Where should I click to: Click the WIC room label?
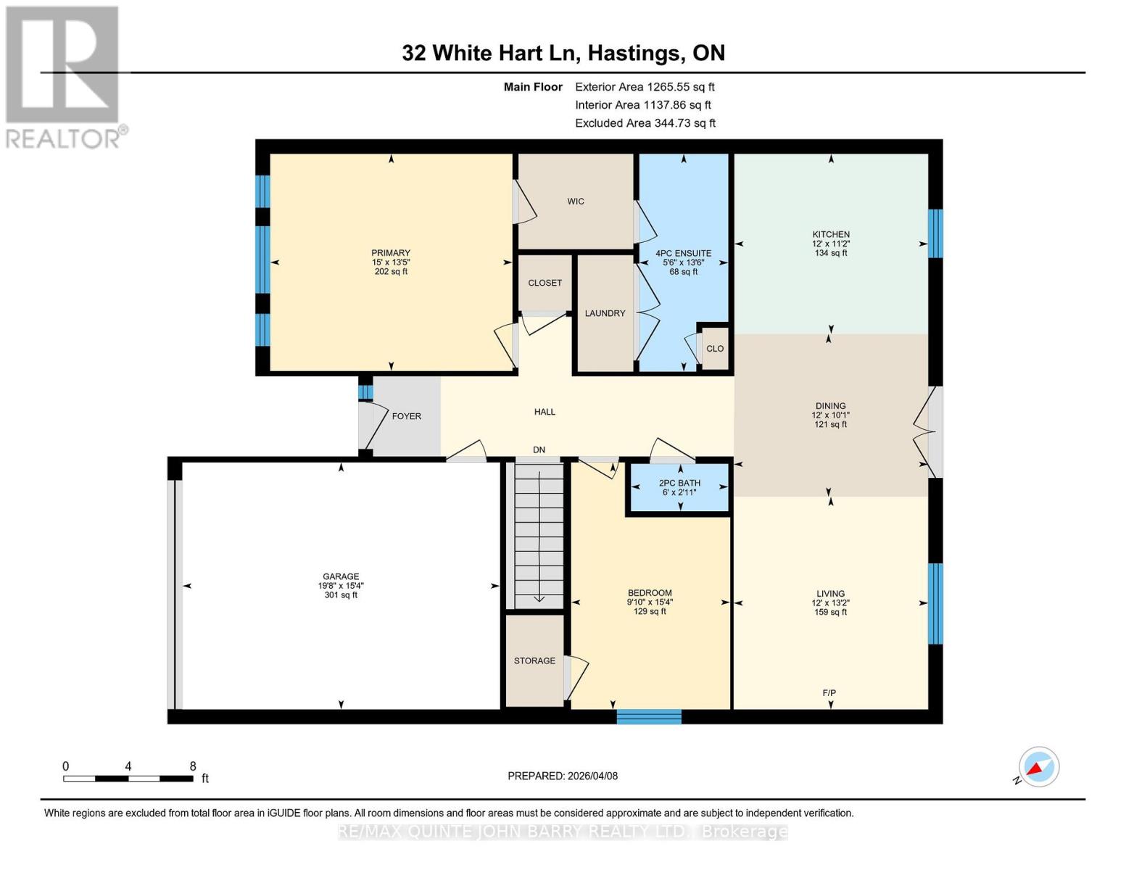[x=576, y=202]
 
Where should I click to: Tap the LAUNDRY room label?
[x=605, y=313]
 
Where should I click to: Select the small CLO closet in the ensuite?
[x=715, y=349]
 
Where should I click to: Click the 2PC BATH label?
[x=679, y=484]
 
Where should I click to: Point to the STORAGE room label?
[x=534, y=661]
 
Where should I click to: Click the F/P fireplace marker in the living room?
[x=829, y=693]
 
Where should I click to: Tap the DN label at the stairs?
[x=539, y=450]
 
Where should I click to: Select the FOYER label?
[x=406, y=416]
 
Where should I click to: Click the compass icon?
[x=1038, y=766]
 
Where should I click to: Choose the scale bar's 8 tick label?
[x=193, y=766]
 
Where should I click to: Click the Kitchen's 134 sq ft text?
[x=831, y=253]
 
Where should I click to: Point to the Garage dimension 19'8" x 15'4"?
[x=341, y=586]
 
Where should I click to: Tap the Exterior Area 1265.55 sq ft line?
[x=645, y=87]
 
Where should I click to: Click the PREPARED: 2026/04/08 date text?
[x=563, y=776]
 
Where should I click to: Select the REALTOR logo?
[x=64, y=76]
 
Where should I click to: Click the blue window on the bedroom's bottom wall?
[x=649, y=717]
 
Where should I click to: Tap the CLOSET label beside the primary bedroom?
[x=545, y=283]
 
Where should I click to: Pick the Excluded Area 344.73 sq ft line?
[x=645, y=123]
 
